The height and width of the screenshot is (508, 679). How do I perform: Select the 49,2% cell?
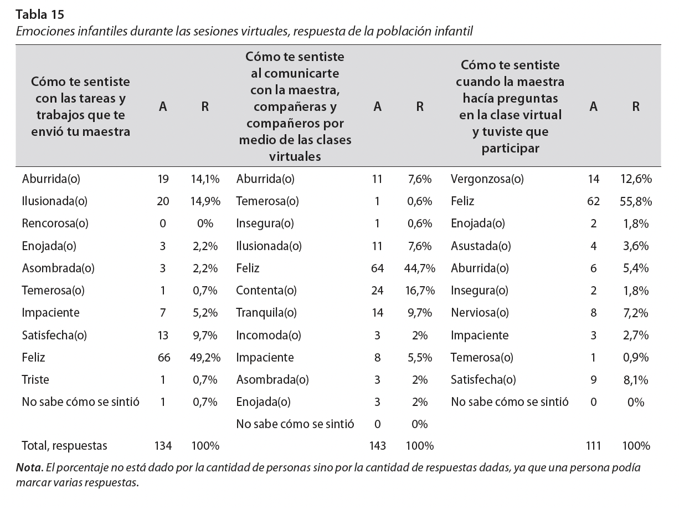point(205,357)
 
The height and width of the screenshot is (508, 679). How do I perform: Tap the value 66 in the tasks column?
point(163,357)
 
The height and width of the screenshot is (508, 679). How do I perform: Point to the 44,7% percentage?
point(420,268)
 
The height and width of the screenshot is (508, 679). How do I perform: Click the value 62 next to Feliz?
point(594,201)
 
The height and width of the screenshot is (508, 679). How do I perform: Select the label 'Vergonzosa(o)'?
point(487,179)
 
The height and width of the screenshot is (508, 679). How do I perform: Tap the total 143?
point(377,445)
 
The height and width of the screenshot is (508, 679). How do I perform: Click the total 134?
point(163,445)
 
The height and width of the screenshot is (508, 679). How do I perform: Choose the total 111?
point(594,445)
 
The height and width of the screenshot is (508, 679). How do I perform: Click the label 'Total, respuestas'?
point(65,445)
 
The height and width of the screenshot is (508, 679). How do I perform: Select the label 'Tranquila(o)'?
point(268,313)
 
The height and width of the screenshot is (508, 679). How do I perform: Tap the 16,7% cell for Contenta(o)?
point(420,291)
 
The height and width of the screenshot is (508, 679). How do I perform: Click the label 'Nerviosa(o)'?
point(480,313)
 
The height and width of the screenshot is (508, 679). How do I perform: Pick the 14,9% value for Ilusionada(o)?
point(205,201)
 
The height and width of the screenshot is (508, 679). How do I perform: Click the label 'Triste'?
point(35,379)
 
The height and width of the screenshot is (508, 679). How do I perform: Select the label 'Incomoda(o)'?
point(269,335)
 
